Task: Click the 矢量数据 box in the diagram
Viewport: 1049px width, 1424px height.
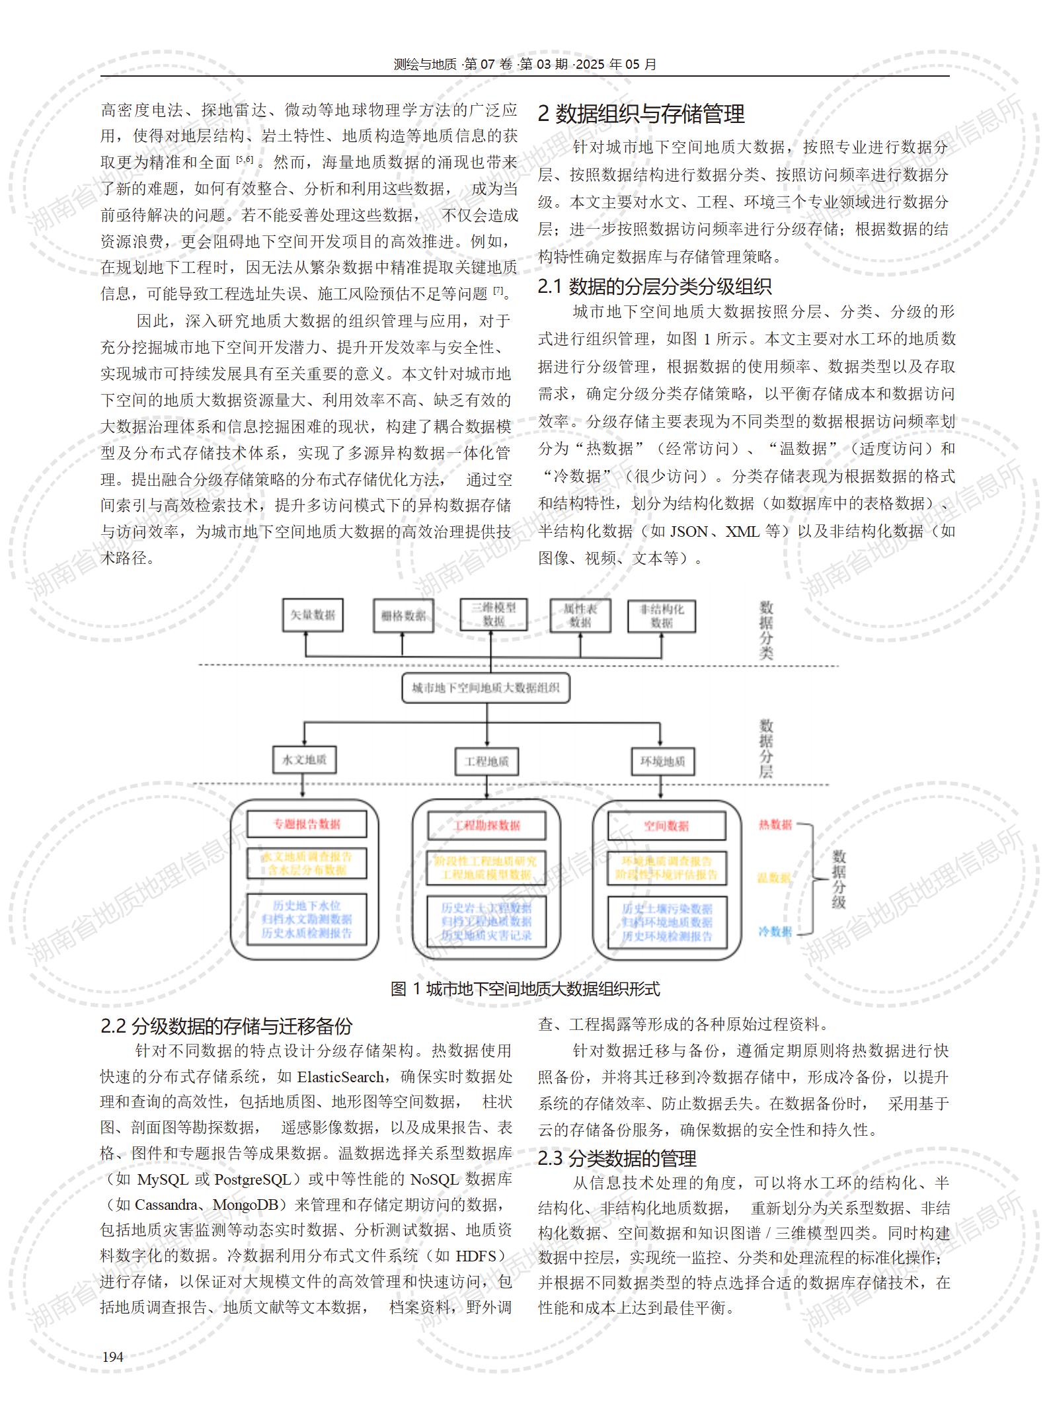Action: point(313,615)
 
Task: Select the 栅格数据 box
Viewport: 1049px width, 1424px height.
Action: point(403,616)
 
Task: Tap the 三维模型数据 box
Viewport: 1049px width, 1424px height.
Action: point(494,614)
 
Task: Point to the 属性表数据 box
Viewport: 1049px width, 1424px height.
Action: point(580,615)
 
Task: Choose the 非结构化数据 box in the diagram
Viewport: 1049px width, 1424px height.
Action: point(661,615)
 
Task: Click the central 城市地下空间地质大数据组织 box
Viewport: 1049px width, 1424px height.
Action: point(486,688)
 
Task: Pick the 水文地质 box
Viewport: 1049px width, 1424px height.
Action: point(304,760)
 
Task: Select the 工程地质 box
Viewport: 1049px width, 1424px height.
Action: point(486,762)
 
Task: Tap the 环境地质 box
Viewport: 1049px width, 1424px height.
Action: point(662,762)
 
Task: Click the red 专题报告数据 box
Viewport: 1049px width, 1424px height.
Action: point(307,824)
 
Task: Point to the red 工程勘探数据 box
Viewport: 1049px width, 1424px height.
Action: point(486,826)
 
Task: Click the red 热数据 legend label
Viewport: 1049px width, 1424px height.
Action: point(775,824)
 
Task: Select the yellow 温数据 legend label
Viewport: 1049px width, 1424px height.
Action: point(775,878)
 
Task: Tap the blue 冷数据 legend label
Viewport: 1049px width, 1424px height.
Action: point(775,931)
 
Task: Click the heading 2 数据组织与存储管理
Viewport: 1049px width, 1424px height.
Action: point(641,114)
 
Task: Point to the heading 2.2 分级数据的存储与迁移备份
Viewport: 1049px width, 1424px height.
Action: point(226,1026)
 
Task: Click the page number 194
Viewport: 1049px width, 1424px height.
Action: point(112,1357)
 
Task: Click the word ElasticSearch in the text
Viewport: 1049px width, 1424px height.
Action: point(340,1077)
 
